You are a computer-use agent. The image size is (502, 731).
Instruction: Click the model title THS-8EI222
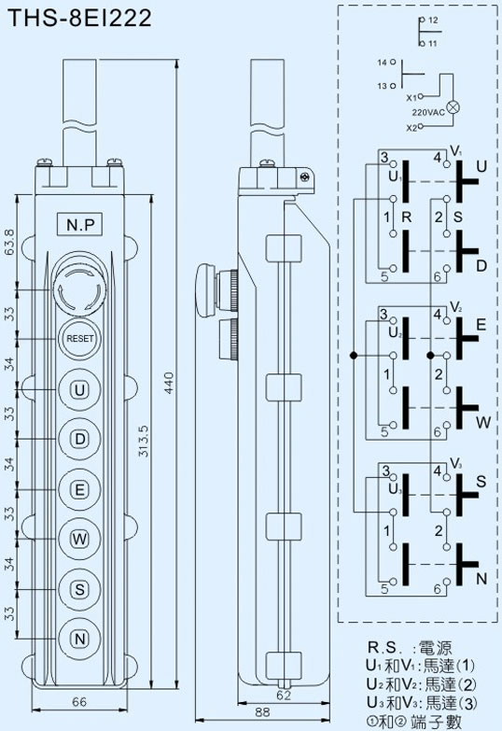(x=79, y=18)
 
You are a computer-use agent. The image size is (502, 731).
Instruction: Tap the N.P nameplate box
(x=79, y=225)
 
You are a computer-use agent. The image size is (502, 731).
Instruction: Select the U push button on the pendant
(x=79, y=389)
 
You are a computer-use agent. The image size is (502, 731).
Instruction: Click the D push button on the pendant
(x=79, y=439)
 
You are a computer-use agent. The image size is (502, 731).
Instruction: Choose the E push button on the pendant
(x=79, y=489)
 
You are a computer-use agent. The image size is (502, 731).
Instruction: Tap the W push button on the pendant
(x=79, y=539)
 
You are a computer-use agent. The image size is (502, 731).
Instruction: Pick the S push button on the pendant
(x=79, y=589)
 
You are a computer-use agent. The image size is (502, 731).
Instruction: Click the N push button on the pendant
(x=79, y=639)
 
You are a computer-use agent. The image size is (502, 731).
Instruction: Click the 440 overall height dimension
(x=169, y=383)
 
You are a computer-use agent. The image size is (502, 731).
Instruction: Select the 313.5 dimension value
(x=143, y=441)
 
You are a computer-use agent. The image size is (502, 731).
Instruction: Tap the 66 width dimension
(x=79, y=701)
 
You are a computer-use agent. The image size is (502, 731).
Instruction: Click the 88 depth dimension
(x=262, y=712)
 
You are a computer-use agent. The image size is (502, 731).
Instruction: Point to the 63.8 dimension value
(x=9, y=242)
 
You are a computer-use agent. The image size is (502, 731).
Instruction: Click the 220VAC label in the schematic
(x=428, y=112)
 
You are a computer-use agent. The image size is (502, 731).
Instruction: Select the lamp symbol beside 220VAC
(x=453, y=107)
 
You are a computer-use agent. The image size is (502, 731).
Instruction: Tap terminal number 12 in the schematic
(x=433, y=20)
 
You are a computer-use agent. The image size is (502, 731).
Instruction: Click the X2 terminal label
(x=411, y=128)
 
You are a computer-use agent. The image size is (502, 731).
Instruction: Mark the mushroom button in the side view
(x=205, y=290)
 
